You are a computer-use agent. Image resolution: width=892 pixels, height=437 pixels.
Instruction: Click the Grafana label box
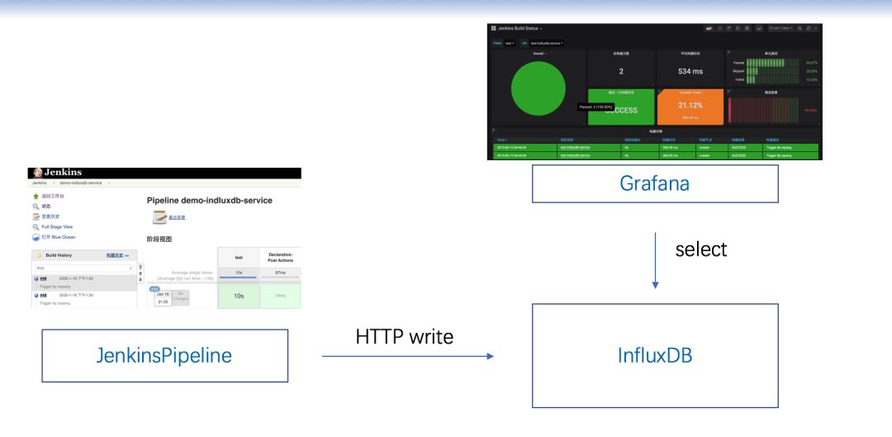[654, 184]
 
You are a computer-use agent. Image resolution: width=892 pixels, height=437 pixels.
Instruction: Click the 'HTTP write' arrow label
[404, 337]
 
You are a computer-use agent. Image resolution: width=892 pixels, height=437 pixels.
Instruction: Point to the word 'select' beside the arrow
[701, 249]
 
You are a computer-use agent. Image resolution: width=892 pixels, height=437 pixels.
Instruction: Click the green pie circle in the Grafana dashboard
[539, 89]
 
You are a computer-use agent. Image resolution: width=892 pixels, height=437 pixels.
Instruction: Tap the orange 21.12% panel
[690, 106]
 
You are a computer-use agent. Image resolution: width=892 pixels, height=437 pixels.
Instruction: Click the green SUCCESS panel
[619, 109]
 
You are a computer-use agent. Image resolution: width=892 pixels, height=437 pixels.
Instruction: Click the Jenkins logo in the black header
[40, 173]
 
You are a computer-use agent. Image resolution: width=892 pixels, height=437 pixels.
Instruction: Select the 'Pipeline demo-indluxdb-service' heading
[209, 200]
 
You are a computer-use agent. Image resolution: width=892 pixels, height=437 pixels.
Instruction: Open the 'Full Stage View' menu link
[57, 226]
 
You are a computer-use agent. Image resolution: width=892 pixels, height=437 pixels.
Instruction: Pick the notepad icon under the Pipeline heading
[160, 217]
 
